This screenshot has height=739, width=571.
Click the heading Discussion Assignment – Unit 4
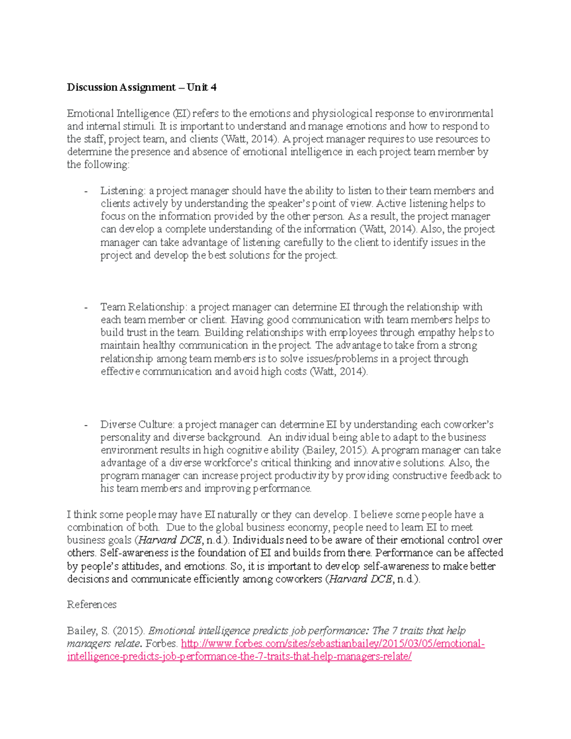pyautogui.click(x=141, y=87)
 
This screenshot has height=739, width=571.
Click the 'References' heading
pyautogui.click(x=91, y=604)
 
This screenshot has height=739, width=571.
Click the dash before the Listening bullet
pyautogui.click(x=86, y=191)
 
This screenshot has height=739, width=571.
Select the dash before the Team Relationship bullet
pyautogui.click(x=86, y=307)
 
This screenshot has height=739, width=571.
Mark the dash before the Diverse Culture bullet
pyautogui.click(x=86, y=425)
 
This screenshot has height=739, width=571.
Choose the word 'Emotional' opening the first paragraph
pyautogui.click(x=90, y=113)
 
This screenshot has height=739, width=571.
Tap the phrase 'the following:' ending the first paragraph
pyautogui.click(x=98, y=165)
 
